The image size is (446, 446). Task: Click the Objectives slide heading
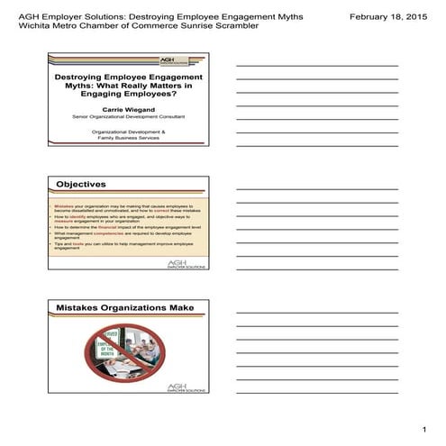coord(81,185)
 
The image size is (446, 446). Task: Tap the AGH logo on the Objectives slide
coord(186,265)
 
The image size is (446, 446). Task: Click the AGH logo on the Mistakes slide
coord(186,388)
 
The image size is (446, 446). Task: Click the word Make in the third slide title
coord(181,308)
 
